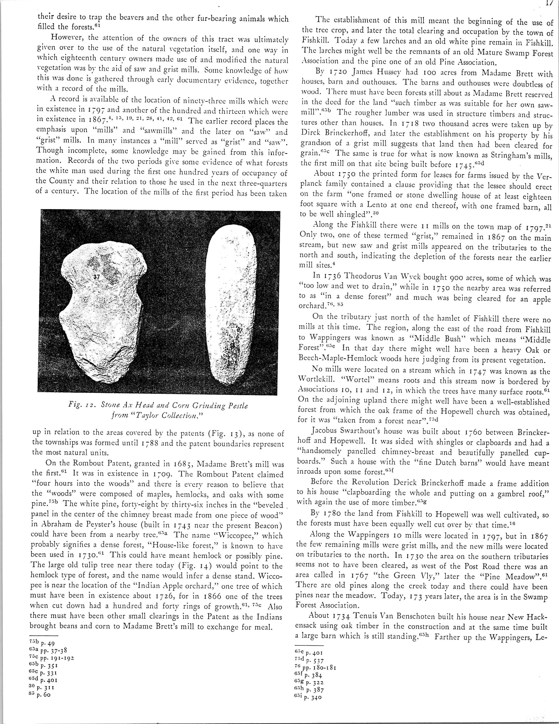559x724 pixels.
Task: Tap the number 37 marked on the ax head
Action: pyautogui.click(x=96, y=277)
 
